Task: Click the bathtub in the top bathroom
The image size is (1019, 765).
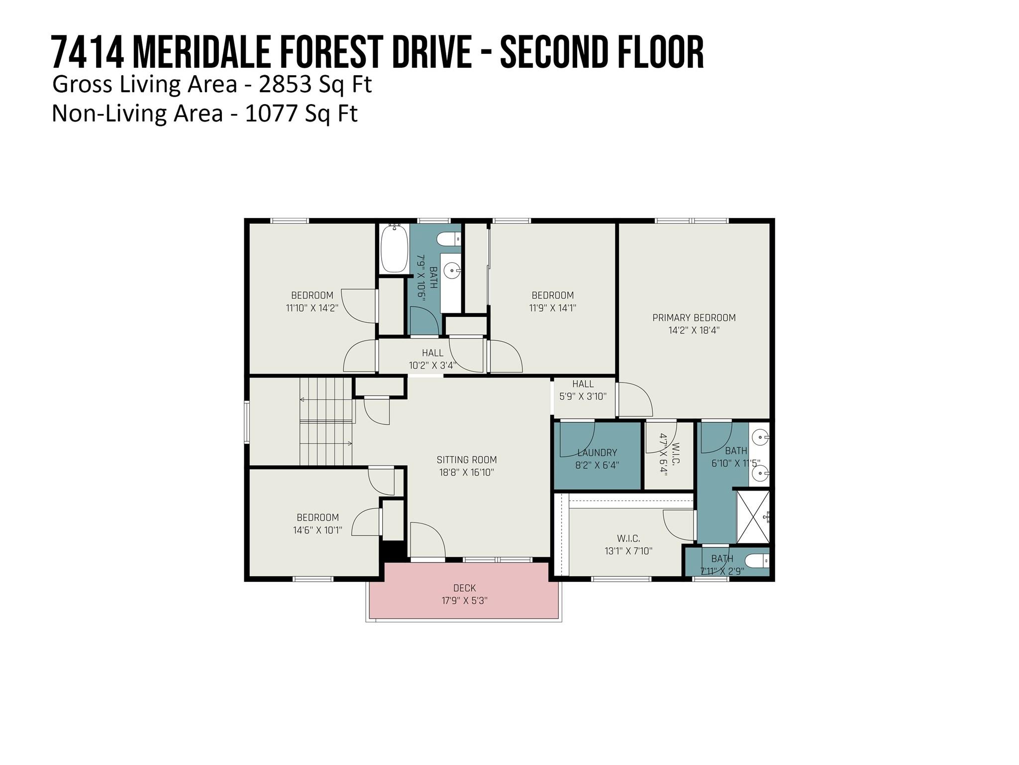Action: click(x=395, y=248)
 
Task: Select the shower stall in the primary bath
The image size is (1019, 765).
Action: click(x=753, y=517)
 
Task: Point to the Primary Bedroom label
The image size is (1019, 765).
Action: click(x=694, y=318)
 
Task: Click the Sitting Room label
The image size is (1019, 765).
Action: click(x=467, y=460)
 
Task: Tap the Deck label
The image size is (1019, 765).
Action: click(x=464, y=588)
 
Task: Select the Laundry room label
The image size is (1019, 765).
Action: click(x=597, y=453)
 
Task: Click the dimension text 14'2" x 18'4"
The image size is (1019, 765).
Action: click(x=694, y=330)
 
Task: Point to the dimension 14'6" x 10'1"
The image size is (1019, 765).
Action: click(x=317, y=530)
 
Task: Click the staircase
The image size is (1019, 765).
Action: click(x=326, y=421)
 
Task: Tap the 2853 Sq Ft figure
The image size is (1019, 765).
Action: click(x=315, y=84)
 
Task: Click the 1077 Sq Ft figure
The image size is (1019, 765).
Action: click(x=301, y=113)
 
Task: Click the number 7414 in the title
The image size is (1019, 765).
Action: click(x=88, y=53)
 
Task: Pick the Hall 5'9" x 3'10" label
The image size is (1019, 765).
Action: click(x=583, y=390)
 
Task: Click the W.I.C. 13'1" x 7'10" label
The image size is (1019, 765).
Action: click(x=628, y=545)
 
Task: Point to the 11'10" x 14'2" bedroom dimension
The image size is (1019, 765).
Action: click(x=312, y=308)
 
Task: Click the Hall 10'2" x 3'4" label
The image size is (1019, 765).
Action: click(x=432, y=359)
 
